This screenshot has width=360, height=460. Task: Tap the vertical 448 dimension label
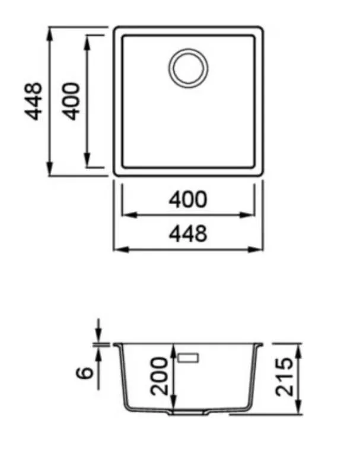coord(33,101)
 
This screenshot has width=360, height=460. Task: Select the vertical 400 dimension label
coord(72,101)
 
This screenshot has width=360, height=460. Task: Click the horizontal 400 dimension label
coord(188,199)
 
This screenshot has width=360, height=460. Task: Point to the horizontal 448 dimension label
coord(188,234)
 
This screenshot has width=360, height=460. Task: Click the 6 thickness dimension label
coord(85,373)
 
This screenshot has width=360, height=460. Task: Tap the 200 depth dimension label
coord(159,376)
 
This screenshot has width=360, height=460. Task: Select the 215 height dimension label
coord(284,376)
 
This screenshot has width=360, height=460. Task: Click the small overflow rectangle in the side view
coord(188,358)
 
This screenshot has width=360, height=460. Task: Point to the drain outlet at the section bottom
coord(188,412)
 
